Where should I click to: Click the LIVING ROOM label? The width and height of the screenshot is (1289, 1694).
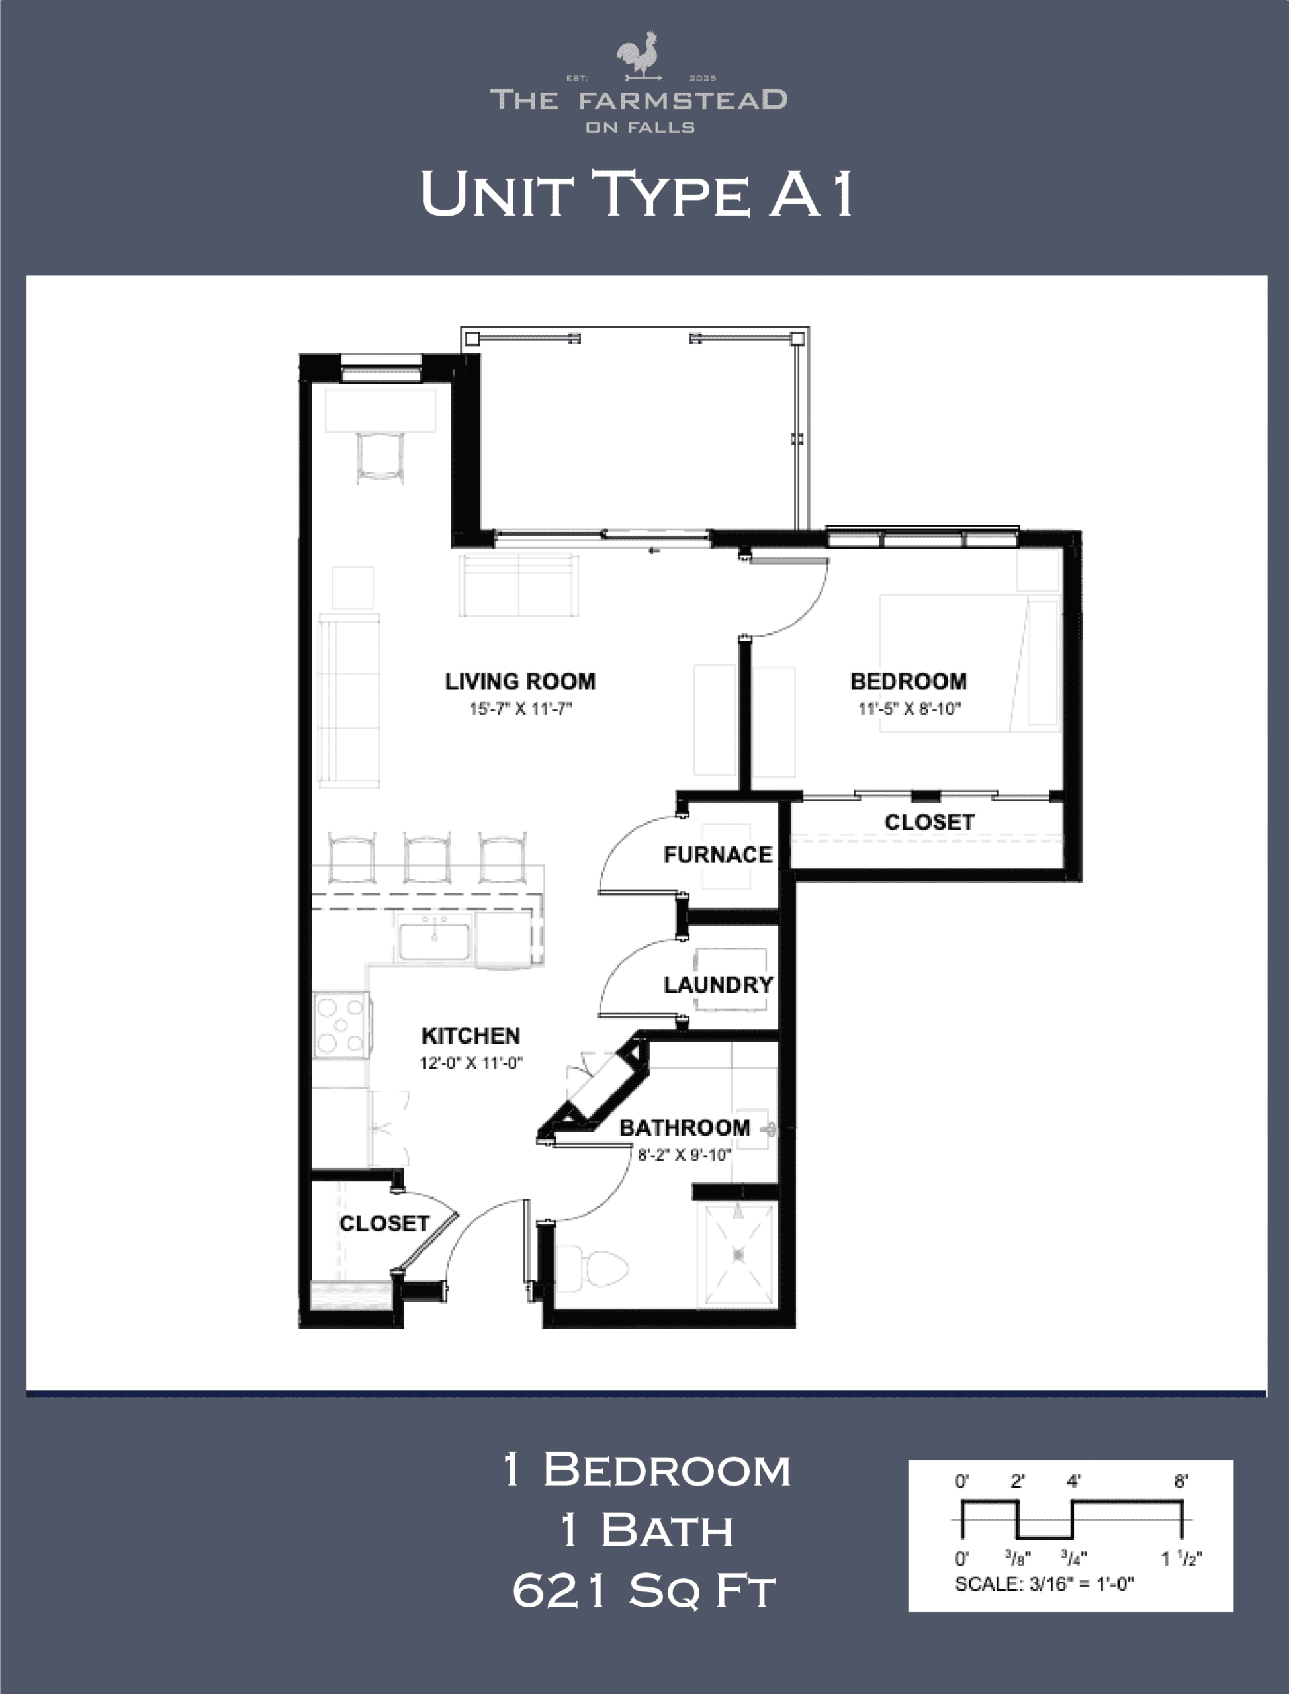[x=520, y=682]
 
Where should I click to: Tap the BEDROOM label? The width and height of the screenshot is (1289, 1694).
[x=909, y=682]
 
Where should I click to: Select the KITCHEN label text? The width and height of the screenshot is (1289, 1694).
[x=471, y=1036]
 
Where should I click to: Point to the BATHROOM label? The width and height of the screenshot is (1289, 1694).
[x=684, y=1128]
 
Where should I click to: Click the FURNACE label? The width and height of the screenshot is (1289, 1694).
[x=717, y=855]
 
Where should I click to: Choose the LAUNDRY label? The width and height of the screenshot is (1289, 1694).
[x=718, y=985]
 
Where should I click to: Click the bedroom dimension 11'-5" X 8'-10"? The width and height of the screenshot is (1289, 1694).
[x=909, y=708]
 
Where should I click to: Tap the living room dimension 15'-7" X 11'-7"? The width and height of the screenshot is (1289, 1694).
[x=521, y=708]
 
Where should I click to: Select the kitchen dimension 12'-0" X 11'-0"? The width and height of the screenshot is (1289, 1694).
[x=471, y=1063]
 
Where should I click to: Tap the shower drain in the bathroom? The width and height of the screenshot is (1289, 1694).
[x=738, y=1255]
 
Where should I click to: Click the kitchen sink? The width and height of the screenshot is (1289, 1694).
[x=434, y=940]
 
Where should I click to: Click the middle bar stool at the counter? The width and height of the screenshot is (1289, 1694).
[x=427, y=857]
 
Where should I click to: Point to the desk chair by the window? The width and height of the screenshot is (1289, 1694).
[x=380, y=457]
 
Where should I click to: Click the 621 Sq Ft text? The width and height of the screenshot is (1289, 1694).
[x=644, y=1592]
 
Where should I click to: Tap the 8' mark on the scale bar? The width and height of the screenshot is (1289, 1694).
[x=1181, y=1481]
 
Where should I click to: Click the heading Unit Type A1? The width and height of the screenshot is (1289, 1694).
[x=637, y=193]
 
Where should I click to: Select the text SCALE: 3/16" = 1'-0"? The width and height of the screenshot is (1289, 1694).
[x=1044, y=1584]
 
